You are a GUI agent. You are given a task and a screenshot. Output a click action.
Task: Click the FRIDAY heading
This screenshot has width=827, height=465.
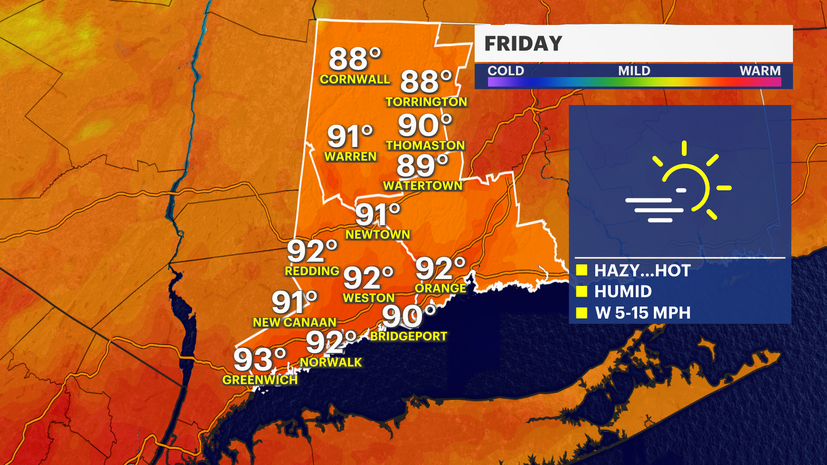523,43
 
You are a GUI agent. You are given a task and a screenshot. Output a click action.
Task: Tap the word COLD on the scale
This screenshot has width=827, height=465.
506,71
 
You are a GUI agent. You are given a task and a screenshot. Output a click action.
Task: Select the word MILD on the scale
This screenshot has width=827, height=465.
634,71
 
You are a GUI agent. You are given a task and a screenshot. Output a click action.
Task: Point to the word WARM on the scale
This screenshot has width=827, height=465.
760,71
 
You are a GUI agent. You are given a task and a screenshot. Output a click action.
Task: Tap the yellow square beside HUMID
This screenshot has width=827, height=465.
582,291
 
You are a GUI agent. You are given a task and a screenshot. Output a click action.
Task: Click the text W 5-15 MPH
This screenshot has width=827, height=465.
643,313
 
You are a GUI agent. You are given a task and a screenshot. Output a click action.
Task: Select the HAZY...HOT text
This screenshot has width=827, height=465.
642,271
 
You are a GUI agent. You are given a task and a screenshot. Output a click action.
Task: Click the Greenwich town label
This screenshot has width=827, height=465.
260,380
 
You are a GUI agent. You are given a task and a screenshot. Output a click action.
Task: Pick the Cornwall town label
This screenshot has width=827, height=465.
354,79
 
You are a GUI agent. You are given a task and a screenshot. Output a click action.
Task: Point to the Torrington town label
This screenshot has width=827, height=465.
426,102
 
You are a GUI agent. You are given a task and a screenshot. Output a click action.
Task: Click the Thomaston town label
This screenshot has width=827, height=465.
425,146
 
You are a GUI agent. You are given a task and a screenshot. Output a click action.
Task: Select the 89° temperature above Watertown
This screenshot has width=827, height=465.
422,166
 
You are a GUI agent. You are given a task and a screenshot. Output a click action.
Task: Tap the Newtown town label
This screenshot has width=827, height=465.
378,235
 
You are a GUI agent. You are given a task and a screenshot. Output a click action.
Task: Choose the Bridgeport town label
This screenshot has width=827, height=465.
409,336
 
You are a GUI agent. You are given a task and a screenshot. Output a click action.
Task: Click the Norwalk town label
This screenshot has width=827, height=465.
331,363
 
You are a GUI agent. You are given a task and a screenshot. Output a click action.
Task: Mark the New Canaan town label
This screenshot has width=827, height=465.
294,322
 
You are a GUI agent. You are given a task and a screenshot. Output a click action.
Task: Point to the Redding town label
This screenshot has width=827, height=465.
312,271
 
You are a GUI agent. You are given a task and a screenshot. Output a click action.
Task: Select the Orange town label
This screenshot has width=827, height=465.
440,288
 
